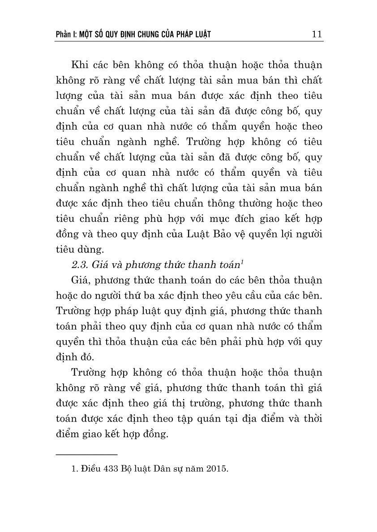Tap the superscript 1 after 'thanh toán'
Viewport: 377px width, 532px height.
(x=242, y=262)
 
